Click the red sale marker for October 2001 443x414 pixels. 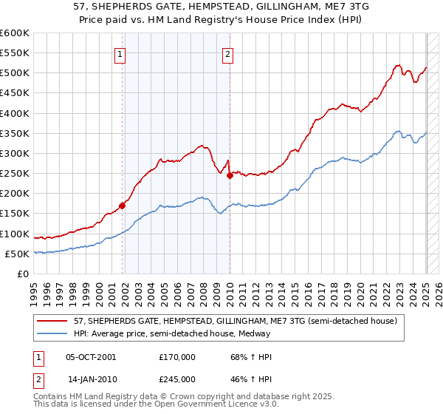tap(123, 206)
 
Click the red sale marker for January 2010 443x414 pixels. tap(230, 176)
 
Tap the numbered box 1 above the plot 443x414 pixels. tap(120, 53)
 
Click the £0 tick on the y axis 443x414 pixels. tap(22, 274)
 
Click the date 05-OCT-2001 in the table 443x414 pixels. tap(91, 357)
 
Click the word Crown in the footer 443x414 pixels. tap(188, 397)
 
